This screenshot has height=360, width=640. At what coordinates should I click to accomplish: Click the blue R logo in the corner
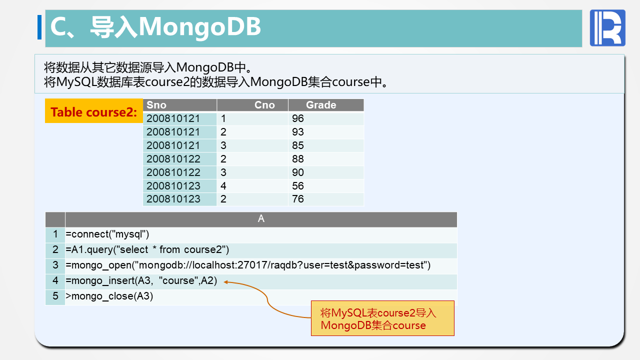(x=607, y=28)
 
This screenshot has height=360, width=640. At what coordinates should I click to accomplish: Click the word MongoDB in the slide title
(x=199, y=27)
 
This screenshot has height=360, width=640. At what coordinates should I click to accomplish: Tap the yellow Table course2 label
(x=93, y=111)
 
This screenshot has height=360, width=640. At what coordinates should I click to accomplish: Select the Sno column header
(x=156, y=105)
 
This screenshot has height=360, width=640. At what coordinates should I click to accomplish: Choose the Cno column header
(x=264, y=105)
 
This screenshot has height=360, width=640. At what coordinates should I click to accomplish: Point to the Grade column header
(x=321, y=105)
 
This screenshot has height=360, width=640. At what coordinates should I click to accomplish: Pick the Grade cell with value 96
(x=297, y=118)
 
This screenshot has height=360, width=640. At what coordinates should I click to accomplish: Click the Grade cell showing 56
(x=297, y=186)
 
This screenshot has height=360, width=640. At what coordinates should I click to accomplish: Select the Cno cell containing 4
(x=223, y=186)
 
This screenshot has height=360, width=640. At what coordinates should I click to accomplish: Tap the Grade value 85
(x=297, y=145)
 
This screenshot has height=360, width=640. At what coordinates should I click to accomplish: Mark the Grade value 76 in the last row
(x=297, y=199)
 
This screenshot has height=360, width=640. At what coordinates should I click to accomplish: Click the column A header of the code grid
(x=261, y=219)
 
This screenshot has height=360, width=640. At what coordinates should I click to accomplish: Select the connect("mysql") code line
(x=107, y=234)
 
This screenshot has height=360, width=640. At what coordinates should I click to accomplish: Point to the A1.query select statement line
(x=147, y=249)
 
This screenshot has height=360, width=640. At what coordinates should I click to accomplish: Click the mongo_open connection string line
(x=248, y=265)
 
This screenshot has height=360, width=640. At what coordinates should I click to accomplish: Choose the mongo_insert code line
(x=141, y=281)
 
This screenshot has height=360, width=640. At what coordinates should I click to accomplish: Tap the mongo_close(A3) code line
(x=109, y=296)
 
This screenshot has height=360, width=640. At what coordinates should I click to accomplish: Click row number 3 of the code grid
(x=55, y=265)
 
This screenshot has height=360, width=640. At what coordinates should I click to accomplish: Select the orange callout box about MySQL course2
(x=382, y=318)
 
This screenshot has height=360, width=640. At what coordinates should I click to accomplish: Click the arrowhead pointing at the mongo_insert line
(x=225, y=282)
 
